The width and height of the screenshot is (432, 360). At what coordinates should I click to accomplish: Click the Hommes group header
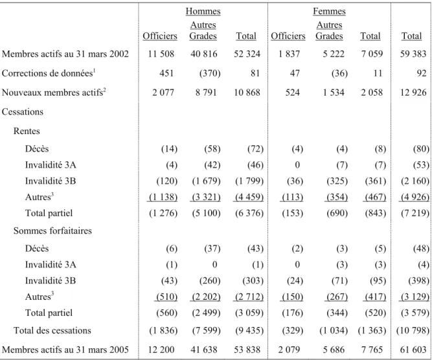(203, 11)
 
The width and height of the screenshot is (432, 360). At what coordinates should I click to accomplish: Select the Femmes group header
(329, 11)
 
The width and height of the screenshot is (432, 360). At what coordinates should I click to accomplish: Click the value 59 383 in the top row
(413, 54)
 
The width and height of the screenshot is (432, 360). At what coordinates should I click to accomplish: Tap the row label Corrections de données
(47, 73)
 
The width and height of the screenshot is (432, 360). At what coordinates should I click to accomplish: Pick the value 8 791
(206, 93)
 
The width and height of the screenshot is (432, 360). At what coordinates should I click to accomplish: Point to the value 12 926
(413, 93)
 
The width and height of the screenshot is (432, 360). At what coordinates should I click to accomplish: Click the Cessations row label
(23, 112)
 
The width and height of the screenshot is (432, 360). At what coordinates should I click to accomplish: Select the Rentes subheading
(27, 131)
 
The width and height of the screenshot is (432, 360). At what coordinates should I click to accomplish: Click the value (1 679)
(206, 181)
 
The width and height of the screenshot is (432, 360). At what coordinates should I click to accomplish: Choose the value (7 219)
(415, 213)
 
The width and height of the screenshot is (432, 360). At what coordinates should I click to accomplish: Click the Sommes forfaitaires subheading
(52, 231)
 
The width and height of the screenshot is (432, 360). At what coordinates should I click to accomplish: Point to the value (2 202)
(206, 297)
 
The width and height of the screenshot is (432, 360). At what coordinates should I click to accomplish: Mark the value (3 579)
(415, 313)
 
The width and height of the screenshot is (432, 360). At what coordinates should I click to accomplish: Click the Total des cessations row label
(52, 330)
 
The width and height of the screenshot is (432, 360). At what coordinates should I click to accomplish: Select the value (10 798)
(413, 330)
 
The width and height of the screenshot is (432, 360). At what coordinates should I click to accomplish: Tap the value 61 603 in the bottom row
(413, 350)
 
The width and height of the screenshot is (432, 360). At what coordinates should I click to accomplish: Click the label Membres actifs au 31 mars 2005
(65, 350)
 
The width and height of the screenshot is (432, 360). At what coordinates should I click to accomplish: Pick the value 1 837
(289, 54)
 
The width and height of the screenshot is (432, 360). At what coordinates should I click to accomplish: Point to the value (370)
(210, 73)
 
